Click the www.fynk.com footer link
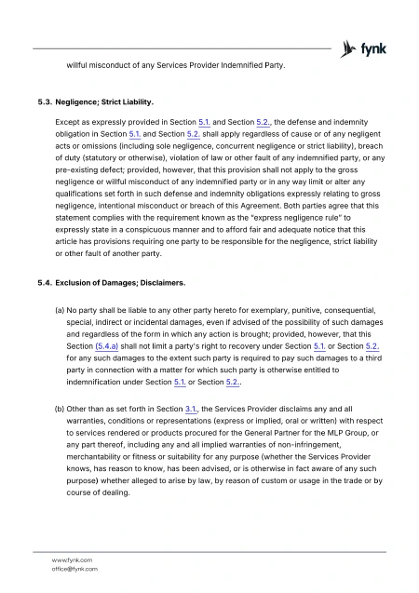73,559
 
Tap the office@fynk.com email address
75,568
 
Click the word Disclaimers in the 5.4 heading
159,281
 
